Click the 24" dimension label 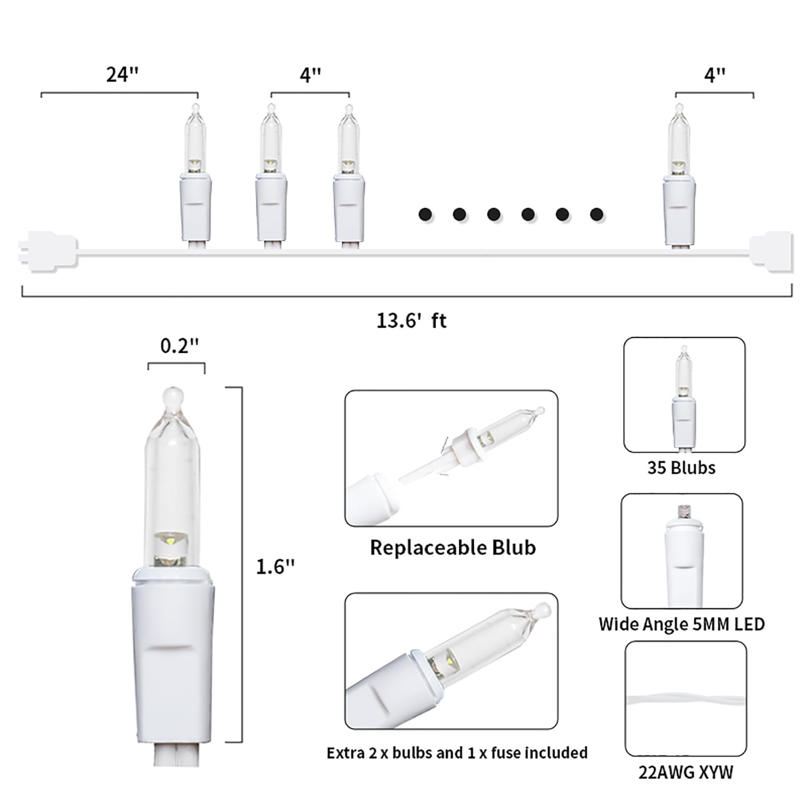[122, 74]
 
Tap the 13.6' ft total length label [411, 321]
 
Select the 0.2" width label [179, 346]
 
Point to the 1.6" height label [275, 567]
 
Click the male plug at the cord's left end [48, 251]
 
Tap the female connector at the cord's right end [771, 251]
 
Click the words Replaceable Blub [453, 547]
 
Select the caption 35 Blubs [681, 468]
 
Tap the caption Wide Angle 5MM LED [681, 624]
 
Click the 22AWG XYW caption [686, 772]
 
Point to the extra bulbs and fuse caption [457, 753]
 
